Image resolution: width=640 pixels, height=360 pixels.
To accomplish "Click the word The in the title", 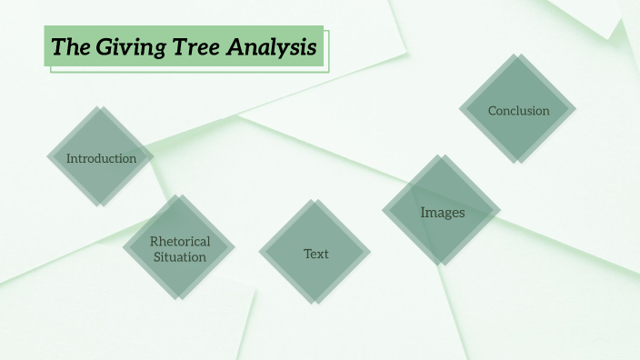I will [x=67, y=47].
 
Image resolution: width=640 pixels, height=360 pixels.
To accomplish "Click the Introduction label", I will [x=101, y=158].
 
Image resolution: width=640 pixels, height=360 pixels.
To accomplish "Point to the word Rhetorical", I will [x=180, y=241].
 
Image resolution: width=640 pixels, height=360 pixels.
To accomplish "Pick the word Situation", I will [x=180, y=257].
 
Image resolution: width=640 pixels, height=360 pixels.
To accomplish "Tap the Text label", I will [x=316, y=254].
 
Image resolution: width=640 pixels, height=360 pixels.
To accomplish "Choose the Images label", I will [x=443, y=213].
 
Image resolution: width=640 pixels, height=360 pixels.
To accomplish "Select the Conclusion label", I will [x=518, y=111].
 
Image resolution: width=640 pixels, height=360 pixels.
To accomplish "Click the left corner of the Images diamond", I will [x=382, y=212].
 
